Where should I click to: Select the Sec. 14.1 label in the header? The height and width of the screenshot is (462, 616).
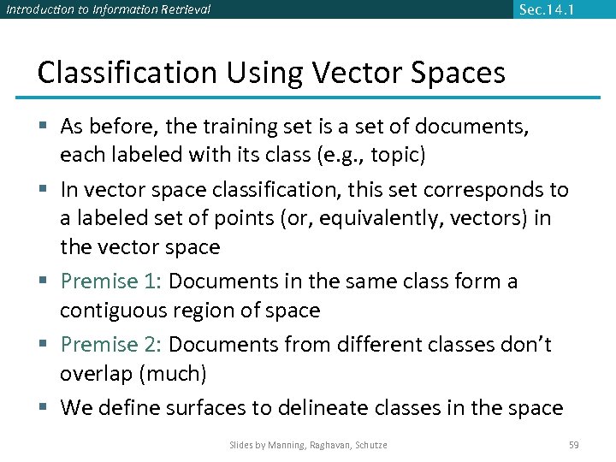[548, 9]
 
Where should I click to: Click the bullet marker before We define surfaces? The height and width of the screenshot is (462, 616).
[44, 408]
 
